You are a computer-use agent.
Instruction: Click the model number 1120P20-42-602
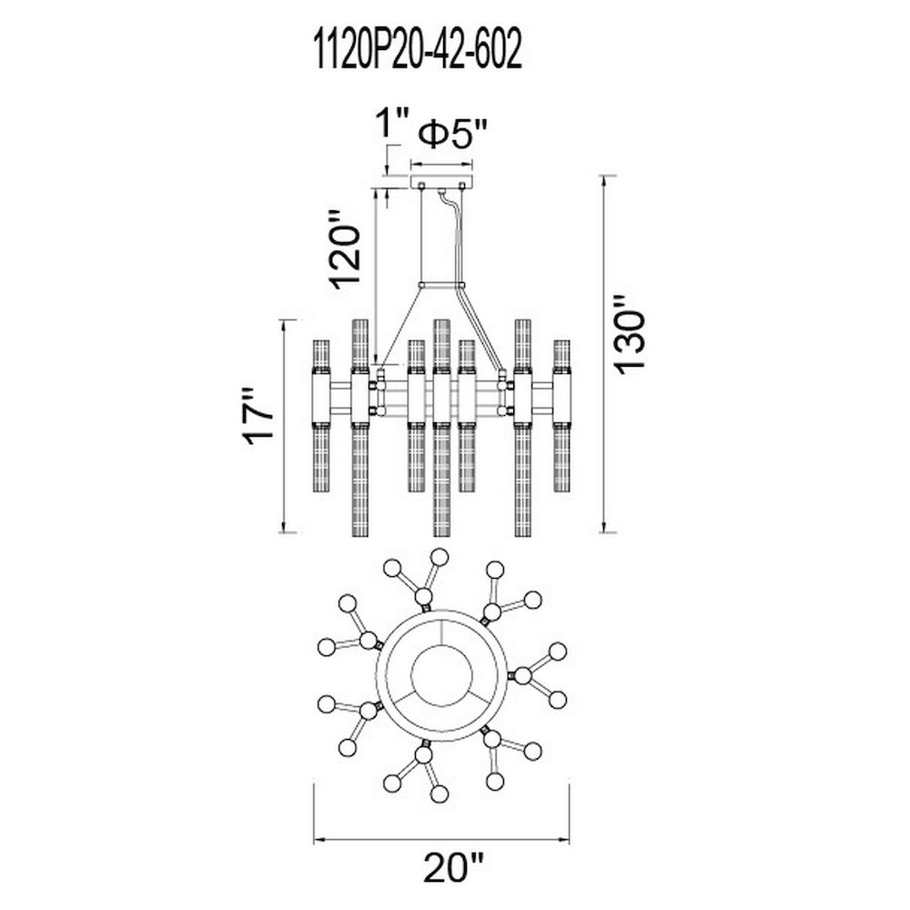coord(418,50)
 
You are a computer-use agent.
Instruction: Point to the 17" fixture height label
coord(258,416)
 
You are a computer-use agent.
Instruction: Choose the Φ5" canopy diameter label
coord(453,135)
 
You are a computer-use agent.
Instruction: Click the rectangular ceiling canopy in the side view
coord(442,182)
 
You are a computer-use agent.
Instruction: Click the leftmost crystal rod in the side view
coord(321,416)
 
